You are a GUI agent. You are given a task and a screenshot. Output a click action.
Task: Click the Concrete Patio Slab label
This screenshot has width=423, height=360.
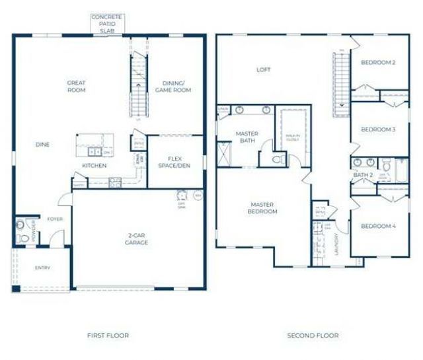click(x=107, y=23)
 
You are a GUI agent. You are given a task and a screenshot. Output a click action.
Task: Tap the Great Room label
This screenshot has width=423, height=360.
click(x=76, y=87)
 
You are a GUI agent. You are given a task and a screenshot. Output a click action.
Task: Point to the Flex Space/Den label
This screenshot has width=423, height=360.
click(x=174, y=161)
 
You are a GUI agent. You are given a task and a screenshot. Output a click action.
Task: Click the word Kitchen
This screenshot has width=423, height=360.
click(x=95, y=165)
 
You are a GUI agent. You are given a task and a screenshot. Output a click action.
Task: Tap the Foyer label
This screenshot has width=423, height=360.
click(x=54, y=219)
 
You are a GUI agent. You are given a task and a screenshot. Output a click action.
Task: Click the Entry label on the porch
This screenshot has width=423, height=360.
click(x=42, y=268)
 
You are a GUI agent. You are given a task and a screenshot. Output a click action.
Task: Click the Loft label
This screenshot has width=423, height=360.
click(x=264, y=69)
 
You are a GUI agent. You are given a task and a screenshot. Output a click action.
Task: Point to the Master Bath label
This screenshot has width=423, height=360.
click(x=247, y=137)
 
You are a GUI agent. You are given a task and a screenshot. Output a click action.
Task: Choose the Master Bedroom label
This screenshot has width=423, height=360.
click(x=262, y=207)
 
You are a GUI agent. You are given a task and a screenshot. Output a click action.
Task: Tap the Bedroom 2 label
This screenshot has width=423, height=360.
click(x=378, y=63)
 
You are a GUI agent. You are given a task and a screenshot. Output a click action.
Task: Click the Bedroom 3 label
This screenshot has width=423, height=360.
click(x=378, y=129)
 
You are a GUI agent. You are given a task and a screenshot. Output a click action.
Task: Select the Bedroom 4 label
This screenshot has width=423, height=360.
click(x=378, y=227)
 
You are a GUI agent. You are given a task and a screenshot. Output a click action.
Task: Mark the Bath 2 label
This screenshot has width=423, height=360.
click(x=364, y=174)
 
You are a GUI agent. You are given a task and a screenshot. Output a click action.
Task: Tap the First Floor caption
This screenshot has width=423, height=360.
click(x=108, y=336)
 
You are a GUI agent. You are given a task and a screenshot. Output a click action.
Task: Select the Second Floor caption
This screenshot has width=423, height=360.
click(x=313, y=336)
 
